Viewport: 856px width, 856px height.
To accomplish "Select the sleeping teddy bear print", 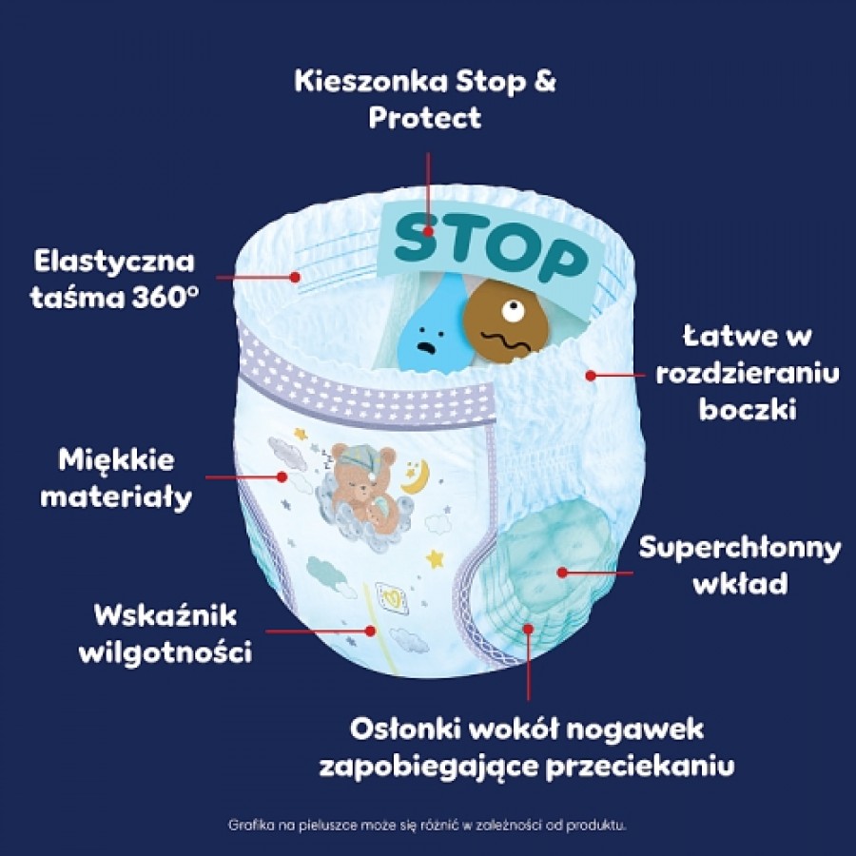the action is tap(362, 486).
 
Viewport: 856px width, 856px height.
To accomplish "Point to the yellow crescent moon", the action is tap(416, 477).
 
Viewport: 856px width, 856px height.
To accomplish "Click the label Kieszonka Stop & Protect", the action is tap(425, 99).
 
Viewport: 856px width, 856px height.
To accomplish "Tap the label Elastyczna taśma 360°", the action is tap(115, 280).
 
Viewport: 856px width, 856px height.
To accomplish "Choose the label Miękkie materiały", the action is tap(116, 478).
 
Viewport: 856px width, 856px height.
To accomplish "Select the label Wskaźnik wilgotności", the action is tap(165, 633).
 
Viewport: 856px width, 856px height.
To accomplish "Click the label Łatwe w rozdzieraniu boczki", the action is tap(748, 373).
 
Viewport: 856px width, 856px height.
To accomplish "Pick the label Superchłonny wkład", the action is tap(740, 565).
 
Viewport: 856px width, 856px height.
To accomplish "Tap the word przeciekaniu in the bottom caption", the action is tap(640, 767).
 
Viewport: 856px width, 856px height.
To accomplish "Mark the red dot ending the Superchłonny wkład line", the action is tap(563, 573).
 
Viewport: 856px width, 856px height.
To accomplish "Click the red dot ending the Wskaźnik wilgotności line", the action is tap(371, 632).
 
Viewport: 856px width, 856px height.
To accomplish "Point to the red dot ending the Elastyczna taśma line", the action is tap(296, 278).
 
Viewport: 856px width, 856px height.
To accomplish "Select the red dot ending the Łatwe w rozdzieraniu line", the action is tap(591, 376).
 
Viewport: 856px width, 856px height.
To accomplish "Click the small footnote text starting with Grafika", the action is tap(427, 825).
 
